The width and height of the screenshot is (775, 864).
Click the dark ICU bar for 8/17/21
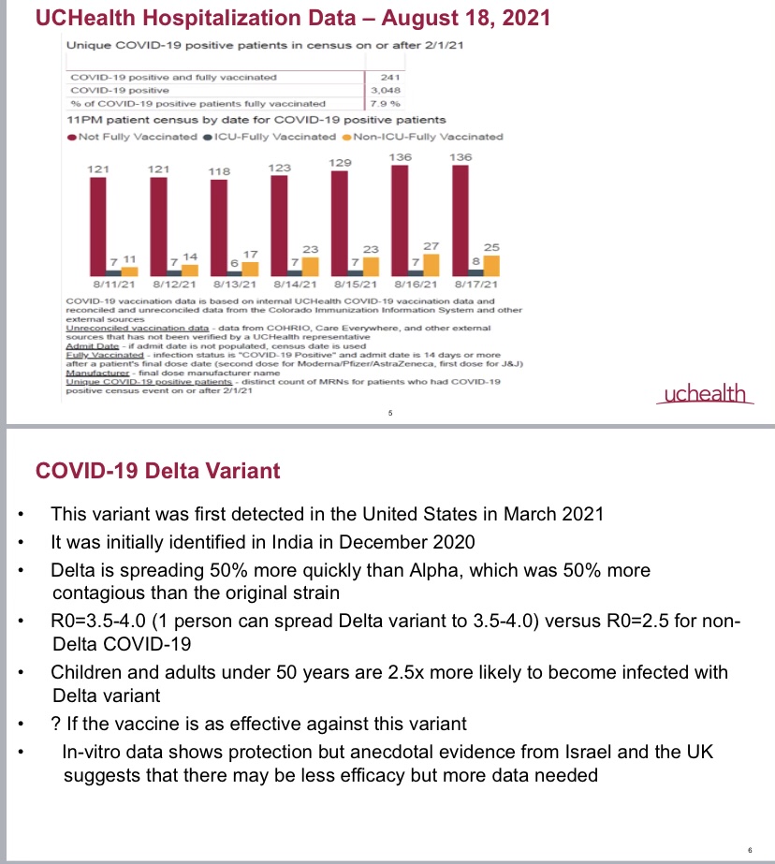point(475,271)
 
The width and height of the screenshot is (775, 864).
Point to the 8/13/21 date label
point(234,283)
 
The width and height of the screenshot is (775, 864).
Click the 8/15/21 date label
point(355,283)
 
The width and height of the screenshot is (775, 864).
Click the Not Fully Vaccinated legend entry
point(131,137)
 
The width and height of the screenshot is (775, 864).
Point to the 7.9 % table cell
point(386,104)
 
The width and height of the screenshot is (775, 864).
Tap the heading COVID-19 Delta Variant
point(157,470)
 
